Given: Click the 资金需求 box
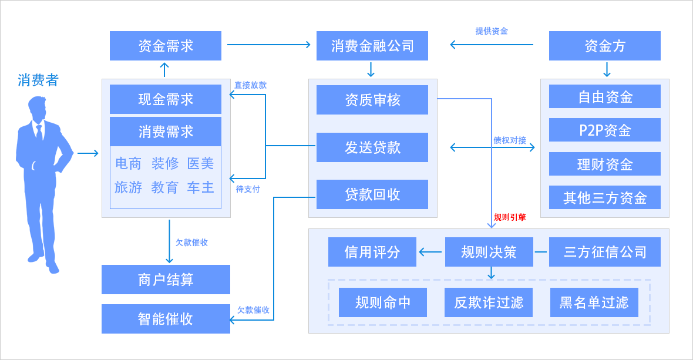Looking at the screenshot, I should tap(165, 46).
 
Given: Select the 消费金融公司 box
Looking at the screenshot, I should tap(372, 46).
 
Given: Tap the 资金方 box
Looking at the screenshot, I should tap(604, 46).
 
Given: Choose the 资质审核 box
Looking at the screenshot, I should tap(372, 100).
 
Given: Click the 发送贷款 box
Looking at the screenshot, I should tap(372, 147).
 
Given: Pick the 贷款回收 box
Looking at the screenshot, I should tap(372, 194).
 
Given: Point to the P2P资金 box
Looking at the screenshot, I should tap(604, 130).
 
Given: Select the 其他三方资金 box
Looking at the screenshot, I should tap(604, 197).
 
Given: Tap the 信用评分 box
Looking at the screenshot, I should tap(372, 252).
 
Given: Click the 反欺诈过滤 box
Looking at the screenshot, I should tap(488, 302).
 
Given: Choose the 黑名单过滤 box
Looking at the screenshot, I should tap(594, 302).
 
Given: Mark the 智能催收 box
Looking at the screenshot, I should tap(166, 319).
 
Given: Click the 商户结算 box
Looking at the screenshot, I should tap(166, 280).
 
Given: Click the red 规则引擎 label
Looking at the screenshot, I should tap(510, 217).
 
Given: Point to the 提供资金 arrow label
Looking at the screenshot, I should tap(492, 31).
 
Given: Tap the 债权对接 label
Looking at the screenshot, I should tap(510, 140).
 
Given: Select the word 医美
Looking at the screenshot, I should tap(200, 163).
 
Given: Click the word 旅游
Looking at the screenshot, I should tap(128, 187).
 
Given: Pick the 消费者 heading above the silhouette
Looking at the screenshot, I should tap(38, 80).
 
